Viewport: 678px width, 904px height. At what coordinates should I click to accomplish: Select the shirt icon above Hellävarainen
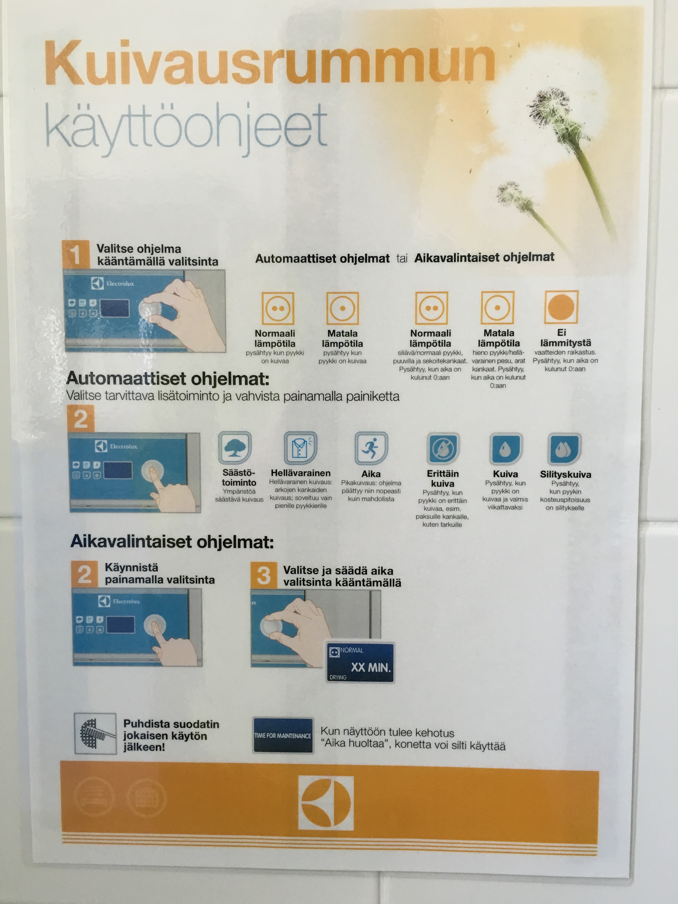coord(300,448)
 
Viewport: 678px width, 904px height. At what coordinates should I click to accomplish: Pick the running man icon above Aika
coord(371,448)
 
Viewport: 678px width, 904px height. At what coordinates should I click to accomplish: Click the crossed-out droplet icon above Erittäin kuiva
coord(443,449)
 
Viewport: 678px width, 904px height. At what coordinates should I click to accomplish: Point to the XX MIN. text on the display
coord(371,667)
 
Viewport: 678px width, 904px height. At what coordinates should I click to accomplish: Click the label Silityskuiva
coord(565,474)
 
